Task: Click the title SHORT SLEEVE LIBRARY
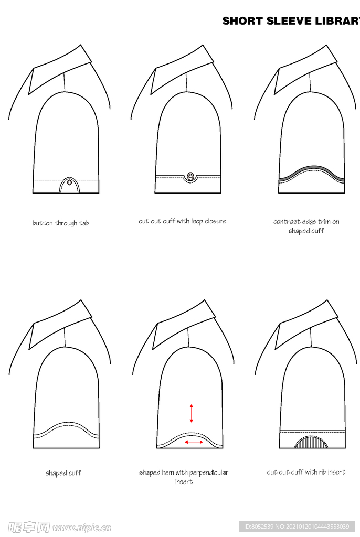(x=291, y=21)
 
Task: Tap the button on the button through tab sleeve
(x=70, y=182)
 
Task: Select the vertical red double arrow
(x=192, y=413)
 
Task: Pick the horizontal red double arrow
(x=194, y=442)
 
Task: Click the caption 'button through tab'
(x=61, y=223)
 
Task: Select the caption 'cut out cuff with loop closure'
(x=183, y=221)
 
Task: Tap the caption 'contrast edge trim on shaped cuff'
(x=306, y=226)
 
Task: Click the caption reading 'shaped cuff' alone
(x=63, y=473)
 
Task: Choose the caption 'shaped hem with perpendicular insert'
(x=184, y=477)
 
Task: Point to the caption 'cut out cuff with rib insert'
(x=306, y=472)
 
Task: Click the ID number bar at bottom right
(x=297, y=527)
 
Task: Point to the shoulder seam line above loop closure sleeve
(x=186, y=82)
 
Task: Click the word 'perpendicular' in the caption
(x=209, y=473)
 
